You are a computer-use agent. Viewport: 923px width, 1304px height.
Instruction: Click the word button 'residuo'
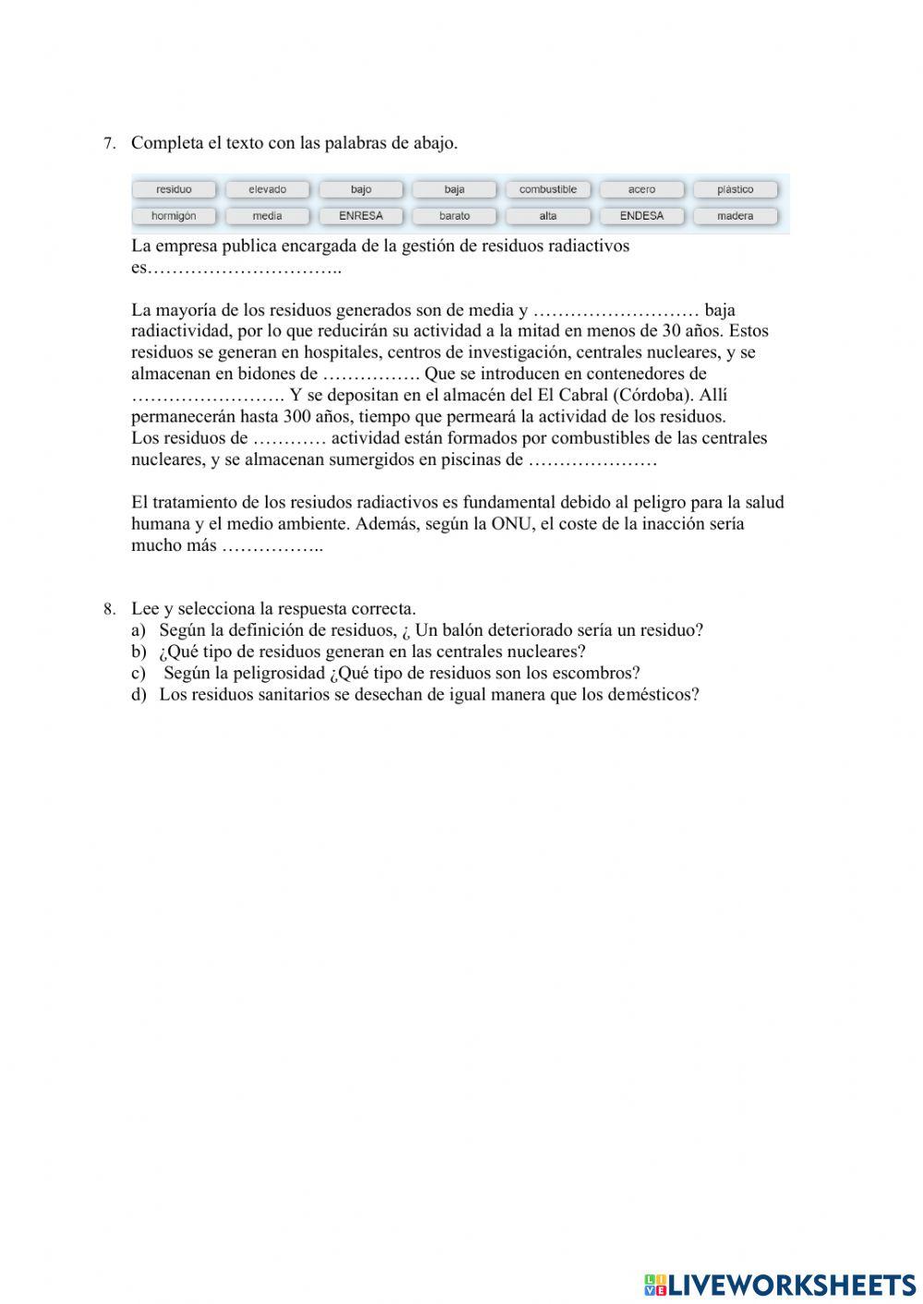(174, 189)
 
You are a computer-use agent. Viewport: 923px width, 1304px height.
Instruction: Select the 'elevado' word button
(267, 189)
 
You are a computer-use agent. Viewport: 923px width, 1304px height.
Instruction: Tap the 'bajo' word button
(361, 189)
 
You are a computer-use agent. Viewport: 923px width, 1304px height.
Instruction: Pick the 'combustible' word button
(547, 189)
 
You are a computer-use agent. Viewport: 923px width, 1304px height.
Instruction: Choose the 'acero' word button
(641, 189)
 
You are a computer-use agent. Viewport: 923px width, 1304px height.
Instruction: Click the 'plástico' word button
(735, 189)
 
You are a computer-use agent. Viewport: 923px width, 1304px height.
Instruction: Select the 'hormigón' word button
(174, 216)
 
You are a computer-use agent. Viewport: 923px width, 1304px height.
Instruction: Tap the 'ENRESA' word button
(361, 216)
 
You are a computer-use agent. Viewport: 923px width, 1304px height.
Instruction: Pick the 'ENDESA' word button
(641, 216)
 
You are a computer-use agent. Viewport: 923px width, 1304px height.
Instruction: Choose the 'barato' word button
(454, 216)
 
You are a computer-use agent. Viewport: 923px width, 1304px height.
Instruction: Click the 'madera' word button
(735, 216)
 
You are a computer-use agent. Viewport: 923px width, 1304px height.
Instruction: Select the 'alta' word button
(547, 216)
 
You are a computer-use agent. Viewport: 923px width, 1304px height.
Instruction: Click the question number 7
(109, 144)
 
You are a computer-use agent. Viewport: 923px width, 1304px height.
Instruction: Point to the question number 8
(109, 609)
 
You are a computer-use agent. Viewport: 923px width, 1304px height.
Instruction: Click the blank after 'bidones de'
(370, 375)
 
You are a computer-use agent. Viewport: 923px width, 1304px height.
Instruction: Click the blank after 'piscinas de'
(592, 461)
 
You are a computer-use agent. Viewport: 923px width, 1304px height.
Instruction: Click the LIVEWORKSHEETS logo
(780, 1285)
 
